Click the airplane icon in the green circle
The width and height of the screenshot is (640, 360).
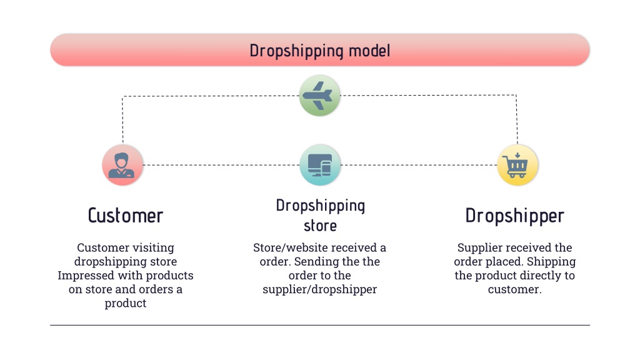tap(317, 96)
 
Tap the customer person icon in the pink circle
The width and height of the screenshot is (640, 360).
tap(121, 165)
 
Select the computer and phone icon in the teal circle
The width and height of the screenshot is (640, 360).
tap(319, 165)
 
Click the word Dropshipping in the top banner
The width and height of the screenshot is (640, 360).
tap(297, 51)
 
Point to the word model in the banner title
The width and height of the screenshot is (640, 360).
tap(369, 51)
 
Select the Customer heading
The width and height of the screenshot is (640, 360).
tap(125, 216)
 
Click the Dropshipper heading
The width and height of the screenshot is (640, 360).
tap(515, 216)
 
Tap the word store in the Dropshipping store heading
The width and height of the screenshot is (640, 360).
tap(321, 226)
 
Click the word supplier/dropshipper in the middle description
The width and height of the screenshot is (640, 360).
tap(319, 289)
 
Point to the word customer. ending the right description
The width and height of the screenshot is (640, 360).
tap(515, 289)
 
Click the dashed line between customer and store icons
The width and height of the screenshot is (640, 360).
tap(221, 165)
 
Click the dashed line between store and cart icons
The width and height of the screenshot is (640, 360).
tap(419, 165)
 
